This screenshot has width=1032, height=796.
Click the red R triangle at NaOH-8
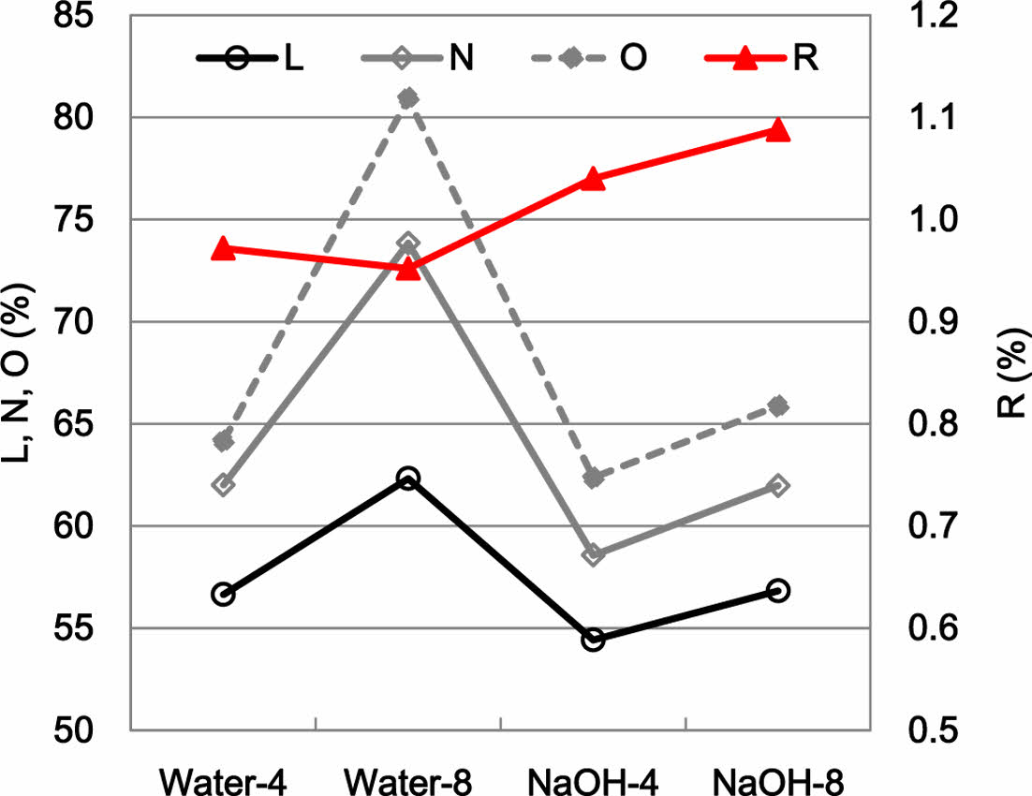pyautogui.click(x=777, y=130)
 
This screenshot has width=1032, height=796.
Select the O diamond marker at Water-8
pyautogui.click(x=407, y=98)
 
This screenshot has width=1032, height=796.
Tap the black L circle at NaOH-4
pyautogui.click(x=593, y=641)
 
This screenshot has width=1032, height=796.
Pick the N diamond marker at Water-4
pyautogui.click(x=223, y=485)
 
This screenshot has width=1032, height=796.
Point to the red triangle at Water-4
pyautogui.click(x=223, y=248)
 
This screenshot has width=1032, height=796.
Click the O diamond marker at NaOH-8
pyautogui.click(x=777, y=405)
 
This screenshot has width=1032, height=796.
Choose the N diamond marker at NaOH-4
pyautogui.click(x=593, y=555)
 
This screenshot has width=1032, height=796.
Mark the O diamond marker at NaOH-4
pyautogui.click(x=593, y=479)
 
